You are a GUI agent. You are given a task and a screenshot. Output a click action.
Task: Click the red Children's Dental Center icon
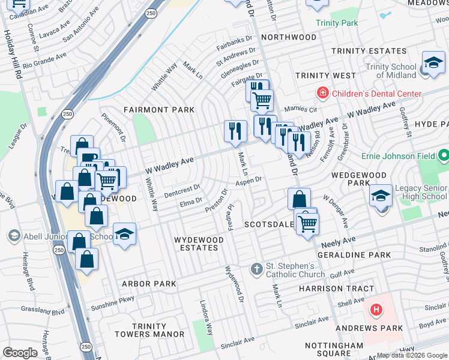point(322,93)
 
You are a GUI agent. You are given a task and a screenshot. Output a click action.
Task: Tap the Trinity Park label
point(337,23)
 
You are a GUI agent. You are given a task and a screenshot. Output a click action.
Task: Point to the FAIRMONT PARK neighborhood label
point(159,110)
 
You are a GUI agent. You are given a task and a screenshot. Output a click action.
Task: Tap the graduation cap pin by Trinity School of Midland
point(432,62)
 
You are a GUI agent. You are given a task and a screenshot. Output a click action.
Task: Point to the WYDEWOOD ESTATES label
point(199,244)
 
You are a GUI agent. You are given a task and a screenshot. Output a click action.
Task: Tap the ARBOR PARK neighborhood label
point(149,284)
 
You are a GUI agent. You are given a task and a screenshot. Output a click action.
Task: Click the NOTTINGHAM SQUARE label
point(334,350)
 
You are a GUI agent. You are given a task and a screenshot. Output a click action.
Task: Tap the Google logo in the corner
point(20,353)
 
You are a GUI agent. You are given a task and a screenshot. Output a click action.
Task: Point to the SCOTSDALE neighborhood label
point(269,224)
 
